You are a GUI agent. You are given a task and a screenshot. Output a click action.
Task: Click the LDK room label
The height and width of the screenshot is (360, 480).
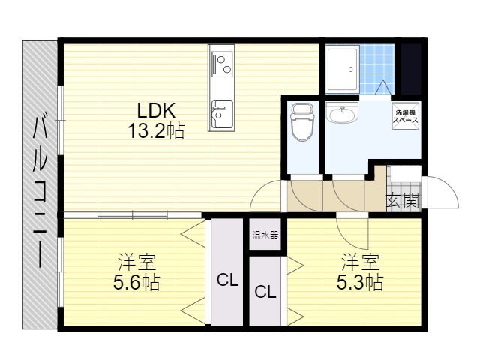point(156,110)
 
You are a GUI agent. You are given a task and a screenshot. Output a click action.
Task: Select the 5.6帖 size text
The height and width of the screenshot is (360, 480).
point(136,282)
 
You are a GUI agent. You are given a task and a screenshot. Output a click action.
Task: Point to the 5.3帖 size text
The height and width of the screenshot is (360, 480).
point(360,282)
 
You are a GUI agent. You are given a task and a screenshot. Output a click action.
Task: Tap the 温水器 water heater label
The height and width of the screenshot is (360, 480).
point(265,235)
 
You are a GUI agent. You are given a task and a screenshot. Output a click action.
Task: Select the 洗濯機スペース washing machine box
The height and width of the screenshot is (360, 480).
point(406,115)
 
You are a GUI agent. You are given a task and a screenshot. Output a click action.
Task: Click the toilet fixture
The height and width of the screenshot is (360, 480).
point(303,122)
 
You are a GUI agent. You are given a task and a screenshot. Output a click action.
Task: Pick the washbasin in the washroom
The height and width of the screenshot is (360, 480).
point(342,112)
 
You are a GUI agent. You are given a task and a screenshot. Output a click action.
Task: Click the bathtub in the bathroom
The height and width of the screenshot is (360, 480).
point(343,69)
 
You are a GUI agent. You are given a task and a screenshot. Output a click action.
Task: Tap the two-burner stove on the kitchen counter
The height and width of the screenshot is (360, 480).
point(222,64)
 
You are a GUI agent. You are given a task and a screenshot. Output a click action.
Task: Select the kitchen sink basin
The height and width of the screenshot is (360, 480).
point(222,114)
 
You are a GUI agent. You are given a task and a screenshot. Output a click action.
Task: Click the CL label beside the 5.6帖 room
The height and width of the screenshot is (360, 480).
point(227,280)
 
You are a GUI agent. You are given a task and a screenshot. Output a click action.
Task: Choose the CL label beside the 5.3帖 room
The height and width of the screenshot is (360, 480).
point(265,292)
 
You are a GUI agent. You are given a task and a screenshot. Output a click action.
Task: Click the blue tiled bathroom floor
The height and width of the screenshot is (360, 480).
point(376,69)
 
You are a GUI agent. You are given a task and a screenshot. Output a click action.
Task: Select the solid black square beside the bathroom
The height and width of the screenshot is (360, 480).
point(411,69)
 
